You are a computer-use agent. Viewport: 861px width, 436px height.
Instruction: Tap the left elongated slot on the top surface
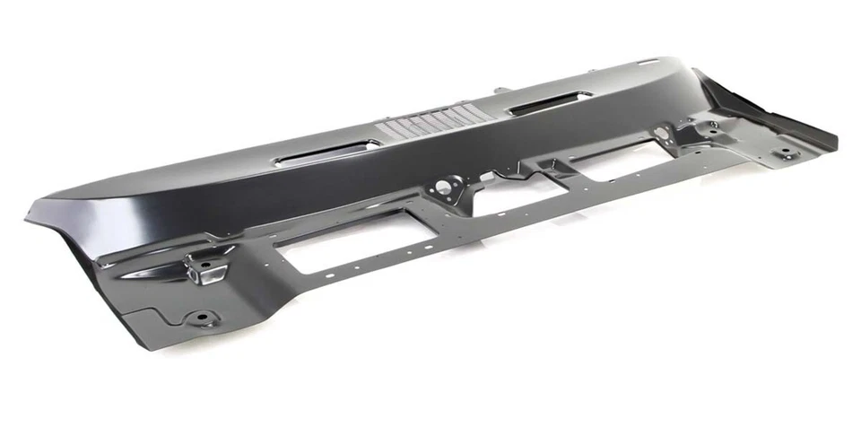tap(323, 155)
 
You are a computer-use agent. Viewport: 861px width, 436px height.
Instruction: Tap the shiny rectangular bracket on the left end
tap(204, 267)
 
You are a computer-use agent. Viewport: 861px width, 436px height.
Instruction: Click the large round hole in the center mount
tap(442, 187)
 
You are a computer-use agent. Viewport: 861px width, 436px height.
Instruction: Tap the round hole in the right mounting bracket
tap(662, 134)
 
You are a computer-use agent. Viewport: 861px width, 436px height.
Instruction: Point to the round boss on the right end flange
tap(786, 152)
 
